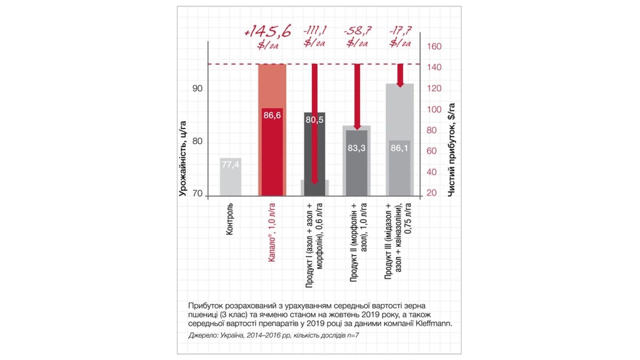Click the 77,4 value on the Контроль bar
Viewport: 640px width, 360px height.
(x=230, y=165)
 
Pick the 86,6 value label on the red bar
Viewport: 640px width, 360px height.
(x=272, y=115)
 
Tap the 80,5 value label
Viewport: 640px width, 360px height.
(x=315, y=120)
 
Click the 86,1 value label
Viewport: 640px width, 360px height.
(x=399, y=148)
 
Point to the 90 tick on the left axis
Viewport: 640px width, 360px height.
(x=197, y=88)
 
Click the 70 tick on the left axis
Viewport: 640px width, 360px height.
(x=197, y=194)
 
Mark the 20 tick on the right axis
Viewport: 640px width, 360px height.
(x=434, y=193)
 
